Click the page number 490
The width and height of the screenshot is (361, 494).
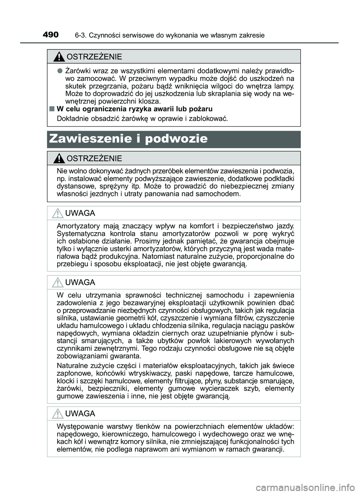(51, 35)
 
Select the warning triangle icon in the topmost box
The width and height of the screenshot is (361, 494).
(59, 57)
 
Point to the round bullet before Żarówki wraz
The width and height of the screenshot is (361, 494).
(59, 71)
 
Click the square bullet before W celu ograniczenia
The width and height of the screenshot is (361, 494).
(51, 109)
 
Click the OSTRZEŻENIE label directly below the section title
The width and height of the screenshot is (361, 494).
(94, 158)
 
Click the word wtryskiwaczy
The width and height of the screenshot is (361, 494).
(142, 373)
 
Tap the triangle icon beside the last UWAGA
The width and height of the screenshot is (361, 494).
(58, 414)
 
